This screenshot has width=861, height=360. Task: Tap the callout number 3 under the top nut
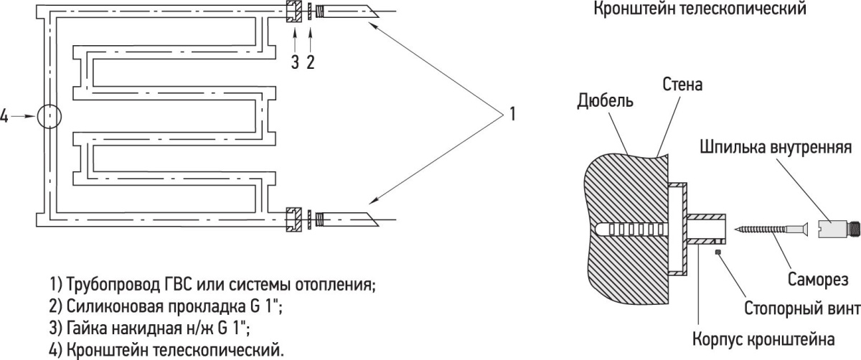[295, 62]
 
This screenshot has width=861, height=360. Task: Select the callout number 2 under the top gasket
[310, 62]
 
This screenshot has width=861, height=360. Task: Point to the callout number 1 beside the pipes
[512, 114]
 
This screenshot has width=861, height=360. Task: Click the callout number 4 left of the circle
[4, 116]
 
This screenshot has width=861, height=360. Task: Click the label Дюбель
[605, 101]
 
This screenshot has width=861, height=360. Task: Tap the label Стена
[682, 85]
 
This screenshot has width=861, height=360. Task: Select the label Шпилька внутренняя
[776, 148]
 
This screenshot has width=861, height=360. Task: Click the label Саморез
[818, 279]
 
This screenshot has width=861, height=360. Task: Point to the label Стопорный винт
[802, 308]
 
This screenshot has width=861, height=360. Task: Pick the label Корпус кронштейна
[763, 340]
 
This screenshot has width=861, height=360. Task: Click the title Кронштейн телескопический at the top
[700, 9]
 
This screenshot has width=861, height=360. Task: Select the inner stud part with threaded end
[837, 229]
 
